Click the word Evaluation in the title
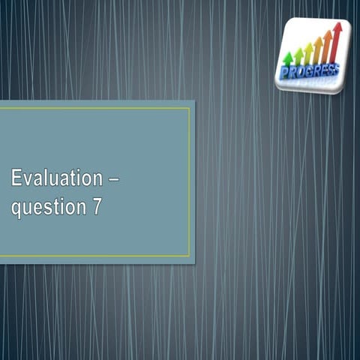coord(55,178)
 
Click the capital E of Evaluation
coord(16,178)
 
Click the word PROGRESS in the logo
coord(308,71)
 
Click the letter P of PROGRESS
coord(283,73)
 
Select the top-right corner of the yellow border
coord(190,108)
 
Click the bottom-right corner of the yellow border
coord(190,256)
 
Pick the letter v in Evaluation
coord(29,180)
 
